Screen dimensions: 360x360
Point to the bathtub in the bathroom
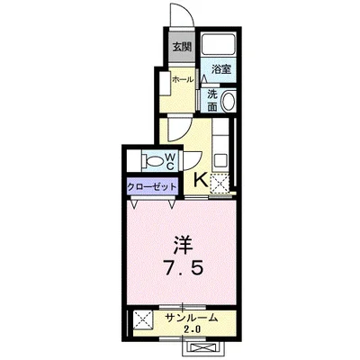(x=218, y=44)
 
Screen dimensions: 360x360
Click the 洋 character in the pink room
(x=180, y=243)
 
